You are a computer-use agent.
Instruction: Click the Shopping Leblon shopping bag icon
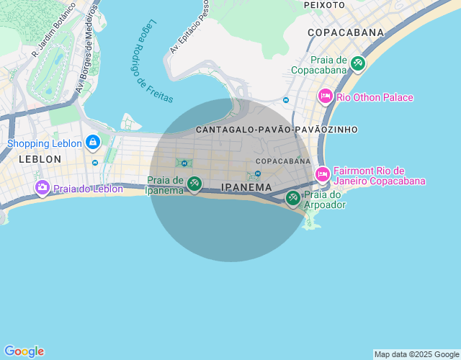click(x=92, y=143)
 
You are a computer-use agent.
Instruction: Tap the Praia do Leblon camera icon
click(x=42, y=189)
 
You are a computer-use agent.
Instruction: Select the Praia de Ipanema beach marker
click(x=194, y=184)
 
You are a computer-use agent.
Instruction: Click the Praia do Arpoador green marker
click(x=293, y=198)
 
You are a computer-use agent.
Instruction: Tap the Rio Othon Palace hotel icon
click(x=325, y=96)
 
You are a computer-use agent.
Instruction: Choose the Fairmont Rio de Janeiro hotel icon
click(x=323, y=174)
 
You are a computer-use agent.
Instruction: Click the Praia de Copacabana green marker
click(x=357, y=64)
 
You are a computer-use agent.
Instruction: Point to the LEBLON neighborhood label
click(x=40, y=158)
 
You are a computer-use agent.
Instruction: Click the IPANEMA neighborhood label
click(x=246, y=187)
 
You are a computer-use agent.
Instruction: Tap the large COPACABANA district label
click(x=345, y=32)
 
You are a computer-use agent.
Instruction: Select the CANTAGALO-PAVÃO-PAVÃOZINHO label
click(x=277, y=130)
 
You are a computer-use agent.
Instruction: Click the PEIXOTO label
click(x=324, y=4)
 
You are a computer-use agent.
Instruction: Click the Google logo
click(x=24, y=351)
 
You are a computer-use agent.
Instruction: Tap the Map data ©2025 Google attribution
click(x=416, y=354)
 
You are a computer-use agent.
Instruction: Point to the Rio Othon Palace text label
click(x=375, y=97)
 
